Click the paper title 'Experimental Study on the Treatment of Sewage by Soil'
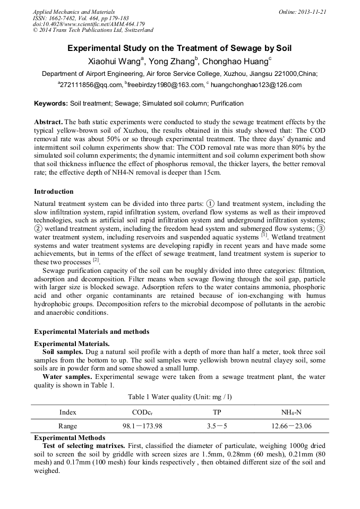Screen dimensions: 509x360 pos(179,48)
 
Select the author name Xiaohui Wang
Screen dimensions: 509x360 pos(112,62)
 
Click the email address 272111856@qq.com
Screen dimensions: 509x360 pos(91,85)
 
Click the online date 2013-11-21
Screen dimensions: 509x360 pos(312,12)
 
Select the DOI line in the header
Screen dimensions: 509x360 pos(89,24)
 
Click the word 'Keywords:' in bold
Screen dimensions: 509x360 pos(51,103)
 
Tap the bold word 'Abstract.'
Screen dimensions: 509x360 pos(48,122)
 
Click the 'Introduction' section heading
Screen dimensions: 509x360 pos(54,192)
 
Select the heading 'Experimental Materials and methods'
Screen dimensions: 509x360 pos(91,332)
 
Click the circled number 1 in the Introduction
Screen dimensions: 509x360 pos(210,204)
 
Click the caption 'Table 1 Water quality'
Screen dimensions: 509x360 pos(179,396)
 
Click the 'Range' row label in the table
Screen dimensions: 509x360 pos(68,426)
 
